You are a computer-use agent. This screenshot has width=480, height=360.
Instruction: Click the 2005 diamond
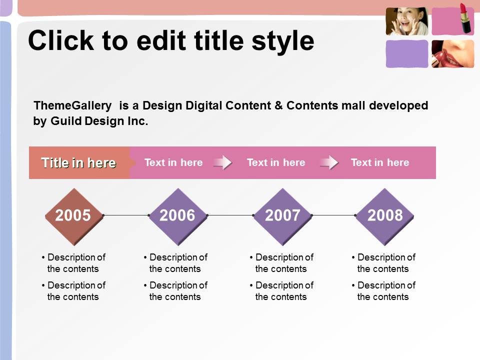pos(74,216)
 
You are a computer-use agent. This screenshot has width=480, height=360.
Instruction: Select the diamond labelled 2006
pos(178,216)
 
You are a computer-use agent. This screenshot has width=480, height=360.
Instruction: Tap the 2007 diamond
pos(283,216)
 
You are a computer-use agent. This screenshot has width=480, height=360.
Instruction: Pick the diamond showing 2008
pos(385,216)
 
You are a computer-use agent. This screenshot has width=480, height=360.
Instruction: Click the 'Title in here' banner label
pos(78,163)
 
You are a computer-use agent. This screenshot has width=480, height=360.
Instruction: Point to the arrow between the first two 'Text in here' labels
pos(223,162)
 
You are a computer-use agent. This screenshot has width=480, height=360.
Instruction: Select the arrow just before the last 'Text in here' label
pos(329,162)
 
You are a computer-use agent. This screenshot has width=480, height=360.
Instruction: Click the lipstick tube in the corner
pos(465,18)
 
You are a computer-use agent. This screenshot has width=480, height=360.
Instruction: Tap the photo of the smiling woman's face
pos(407,21)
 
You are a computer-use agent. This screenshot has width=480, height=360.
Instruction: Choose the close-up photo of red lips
pos(453,54)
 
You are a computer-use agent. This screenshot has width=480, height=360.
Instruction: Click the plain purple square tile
pos(407,54)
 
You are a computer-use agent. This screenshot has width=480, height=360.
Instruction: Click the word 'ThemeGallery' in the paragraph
pos(73,106)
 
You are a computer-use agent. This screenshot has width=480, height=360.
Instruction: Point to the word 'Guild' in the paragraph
pos(66,121)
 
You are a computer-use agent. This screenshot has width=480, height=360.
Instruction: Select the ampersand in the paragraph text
pos(278,105)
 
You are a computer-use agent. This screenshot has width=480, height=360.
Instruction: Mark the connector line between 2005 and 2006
pos(126,215)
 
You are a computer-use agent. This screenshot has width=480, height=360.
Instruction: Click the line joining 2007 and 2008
pos(334,215)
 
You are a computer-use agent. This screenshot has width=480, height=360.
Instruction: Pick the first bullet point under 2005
pos(74,263)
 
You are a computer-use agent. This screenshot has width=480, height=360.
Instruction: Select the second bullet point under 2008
pos(384,291)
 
